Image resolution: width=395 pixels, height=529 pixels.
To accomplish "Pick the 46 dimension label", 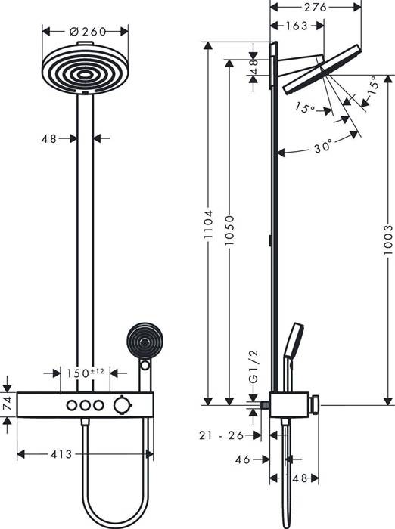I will (x=243, y=459).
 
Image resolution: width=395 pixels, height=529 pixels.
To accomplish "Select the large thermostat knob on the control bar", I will (x=120, y=407).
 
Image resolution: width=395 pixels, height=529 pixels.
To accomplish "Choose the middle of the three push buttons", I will (x=84, y=407).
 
